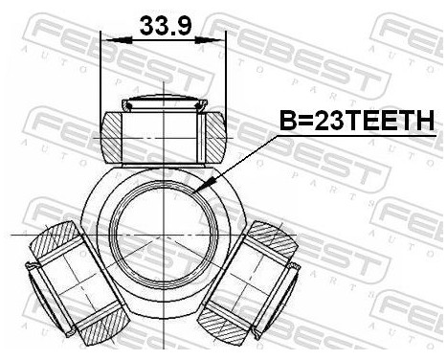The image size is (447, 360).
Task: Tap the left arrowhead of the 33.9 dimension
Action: pos(107,40)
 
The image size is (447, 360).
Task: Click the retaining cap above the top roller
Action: pos(164,102)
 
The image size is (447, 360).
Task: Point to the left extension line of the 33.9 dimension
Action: pos(101,67)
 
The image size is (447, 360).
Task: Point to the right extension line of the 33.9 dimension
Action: pos(227,67)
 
